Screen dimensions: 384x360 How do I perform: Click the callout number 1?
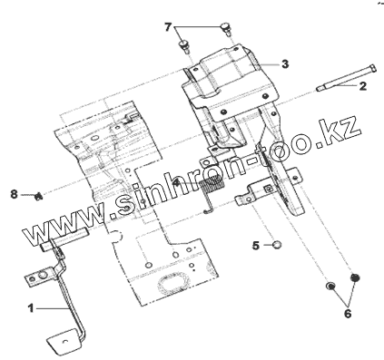[x=31, y=308]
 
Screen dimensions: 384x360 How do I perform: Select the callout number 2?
[x=362, y=86]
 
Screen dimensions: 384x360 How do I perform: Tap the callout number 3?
[x=285, y=64]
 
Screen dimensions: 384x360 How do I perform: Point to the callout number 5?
[x=256, y=246]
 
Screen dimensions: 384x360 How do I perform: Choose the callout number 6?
[x=348, y=314]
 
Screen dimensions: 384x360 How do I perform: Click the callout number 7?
[x=168, y=27]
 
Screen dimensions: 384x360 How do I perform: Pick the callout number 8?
[x=14, y=194]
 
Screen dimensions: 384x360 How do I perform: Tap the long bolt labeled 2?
[x=346, y=78]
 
